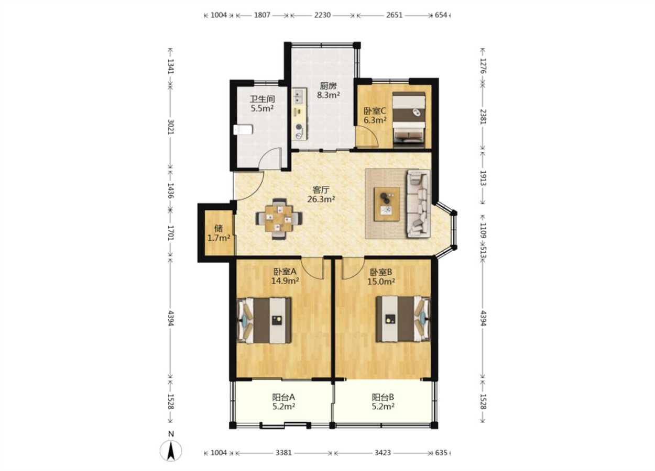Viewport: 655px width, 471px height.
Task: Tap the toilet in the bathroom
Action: pyautogui.click(x=243, y=130)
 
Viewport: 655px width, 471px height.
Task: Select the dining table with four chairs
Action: pyautogui.click(x=279, y=219)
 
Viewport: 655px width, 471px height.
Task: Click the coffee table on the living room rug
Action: pyautogui.click(x=387, y=204)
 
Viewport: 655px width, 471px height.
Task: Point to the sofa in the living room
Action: pyautogui.click(x=419, y=203)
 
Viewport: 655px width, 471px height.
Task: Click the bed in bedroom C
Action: pyautogui.click(x=409, y=120)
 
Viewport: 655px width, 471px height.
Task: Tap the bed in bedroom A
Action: pyautogui.click(x=264, y=320)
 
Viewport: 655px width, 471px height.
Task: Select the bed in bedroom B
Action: pyautogui.click(x=403, y=319)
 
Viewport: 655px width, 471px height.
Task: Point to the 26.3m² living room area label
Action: pyautogui.click(x=321, y=199)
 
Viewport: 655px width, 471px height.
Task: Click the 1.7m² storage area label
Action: pyautogui.click(x=219, y=238)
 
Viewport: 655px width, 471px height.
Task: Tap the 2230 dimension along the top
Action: pyautogui.click(x=322, y=15)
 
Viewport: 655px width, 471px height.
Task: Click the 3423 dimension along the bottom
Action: pyautogui.click(x=383, y=453)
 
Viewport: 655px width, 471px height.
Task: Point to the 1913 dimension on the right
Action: pyautogui.click(x=483, y=178)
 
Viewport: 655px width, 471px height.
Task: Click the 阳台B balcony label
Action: pyautogui.click(x=383, y=397)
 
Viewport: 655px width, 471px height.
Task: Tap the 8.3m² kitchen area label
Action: pyautogui.click(x=329, y=95)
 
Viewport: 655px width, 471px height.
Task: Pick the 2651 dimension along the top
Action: pyautogui.click(x=394, y=15)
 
